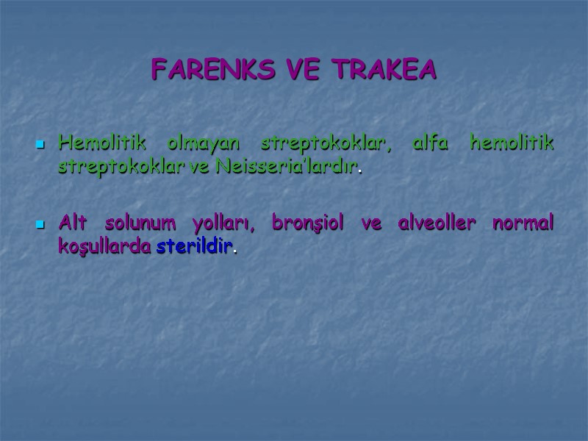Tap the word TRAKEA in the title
pos(384,70)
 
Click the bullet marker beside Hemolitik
pos(41,146)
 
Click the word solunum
pos(139,223)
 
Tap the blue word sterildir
pos(195,247)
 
